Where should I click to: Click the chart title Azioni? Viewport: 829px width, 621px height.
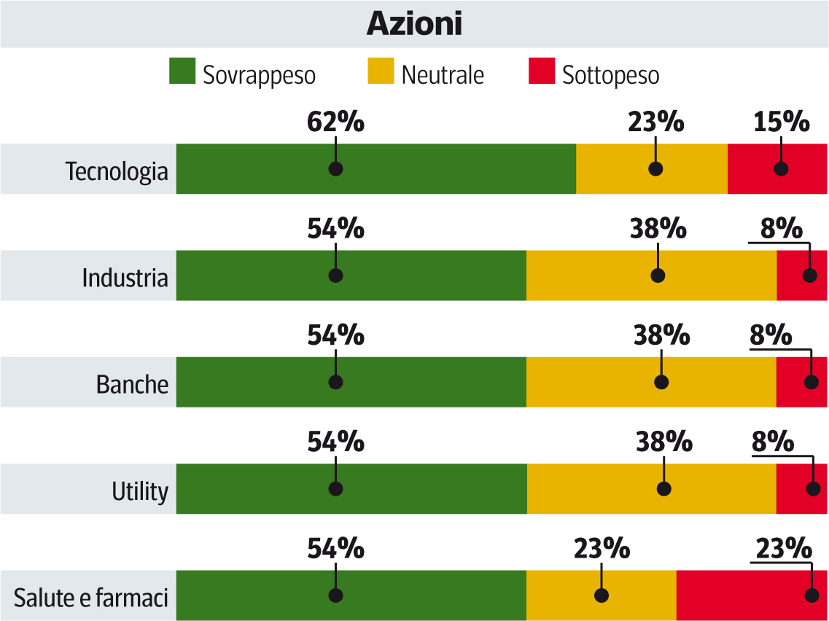tap(414, 24)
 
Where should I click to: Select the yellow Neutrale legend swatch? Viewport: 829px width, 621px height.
tap(381, 71)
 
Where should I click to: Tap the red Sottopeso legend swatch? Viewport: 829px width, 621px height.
tap(541, 71)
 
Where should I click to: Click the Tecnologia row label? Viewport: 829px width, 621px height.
tap(117, 172)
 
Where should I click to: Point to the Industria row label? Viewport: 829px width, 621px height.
tap(125, 278)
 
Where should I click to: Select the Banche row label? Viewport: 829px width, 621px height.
tap(132, 384)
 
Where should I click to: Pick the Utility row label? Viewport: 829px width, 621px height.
tap(140, 491)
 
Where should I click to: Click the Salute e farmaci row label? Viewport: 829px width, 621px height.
tap(91, 598)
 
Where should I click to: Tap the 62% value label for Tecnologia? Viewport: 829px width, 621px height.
tap(335, 122)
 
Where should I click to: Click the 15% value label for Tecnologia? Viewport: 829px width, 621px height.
tap(781, 122)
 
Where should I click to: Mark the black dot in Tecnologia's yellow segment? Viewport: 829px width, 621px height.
tap(655, 169)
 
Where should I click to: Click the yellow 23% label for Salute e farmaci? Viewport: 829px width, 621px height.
tap(602, 548)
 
